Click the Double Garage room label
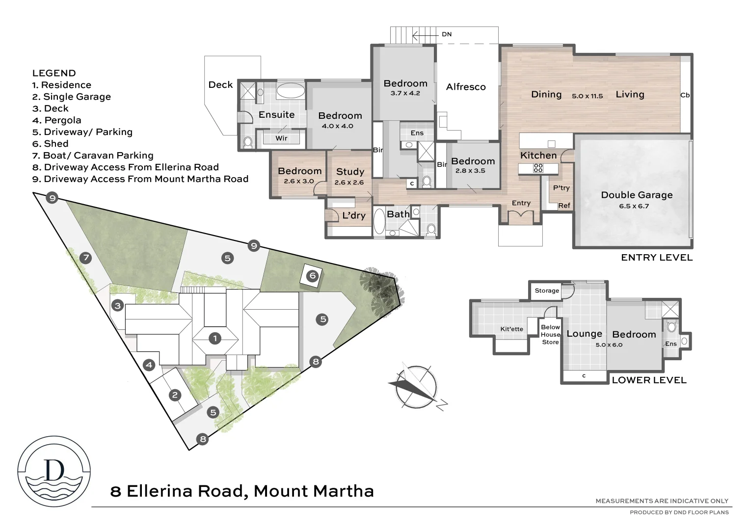(x=637, y=195)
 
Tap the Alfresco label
(x=465, y=87)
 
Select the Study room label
(x=350, y=172)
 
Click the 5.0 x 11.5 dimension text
(x=587, y=96)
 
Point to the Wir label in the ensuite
(x=281, y=138)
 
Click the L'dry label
(x=353, y=215)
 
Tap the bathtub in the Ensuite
(x=290, y=91)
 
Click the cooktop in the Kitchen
(x=538, y=168)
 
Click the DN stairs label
(x=446, y=34)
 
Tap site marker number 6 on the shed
(x=312, y=276)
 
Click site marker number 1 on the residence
(x=214, y=338)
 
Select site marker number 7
(x=86, y=258)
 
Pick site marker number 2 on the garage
(x=174, y=395)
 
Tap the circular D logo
(x=54, y=471)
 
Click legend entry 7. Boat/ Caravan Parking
(x=93, y=156)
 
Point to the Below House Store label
(x=550, y=335)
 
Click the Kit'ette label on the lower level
(x=511, y=329)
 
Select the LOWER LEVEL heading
(x=649, y=380)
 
